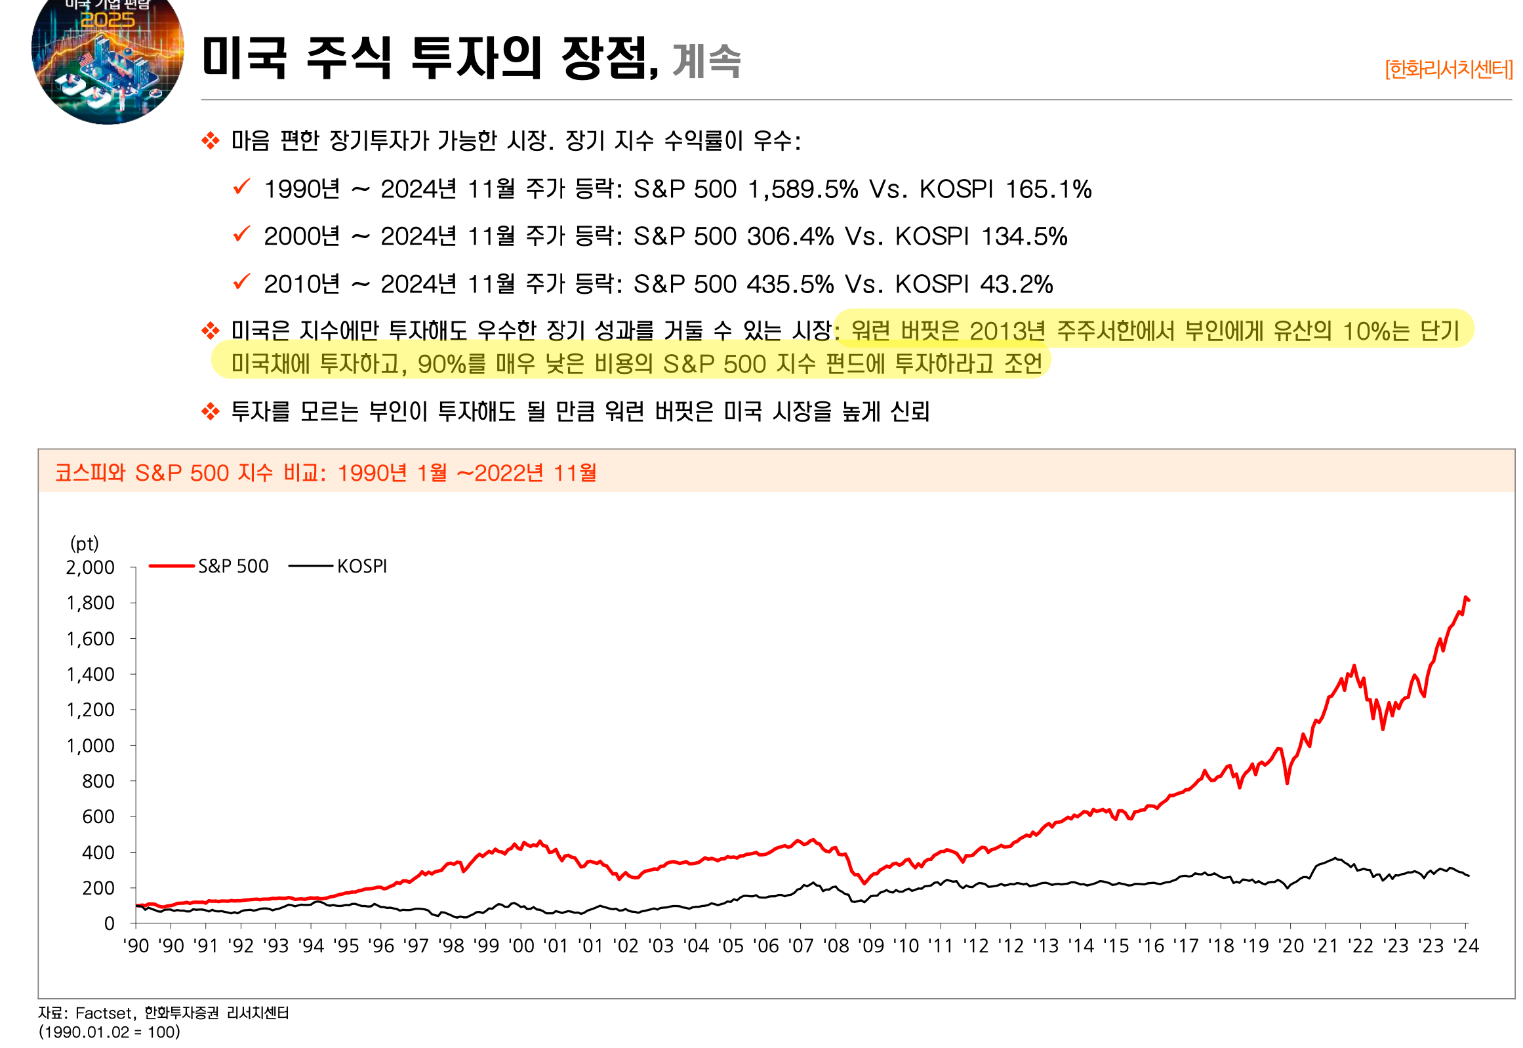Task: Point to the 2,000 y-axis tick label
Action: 90,567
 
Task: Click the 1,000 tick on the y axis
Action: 90,746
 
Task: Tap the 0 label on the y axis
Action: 109,924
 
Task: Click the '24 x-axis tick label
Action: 1465,946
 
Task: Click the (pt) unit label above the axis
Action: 84,544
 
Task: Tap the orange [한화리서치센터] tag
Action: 1448,69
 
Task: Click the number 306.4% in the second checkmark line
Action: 790,236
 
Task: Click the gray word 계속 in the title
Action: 706,61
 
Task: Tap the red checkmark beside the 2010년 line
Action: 241,282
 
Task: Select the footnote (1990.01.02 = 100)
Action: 109,1032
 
